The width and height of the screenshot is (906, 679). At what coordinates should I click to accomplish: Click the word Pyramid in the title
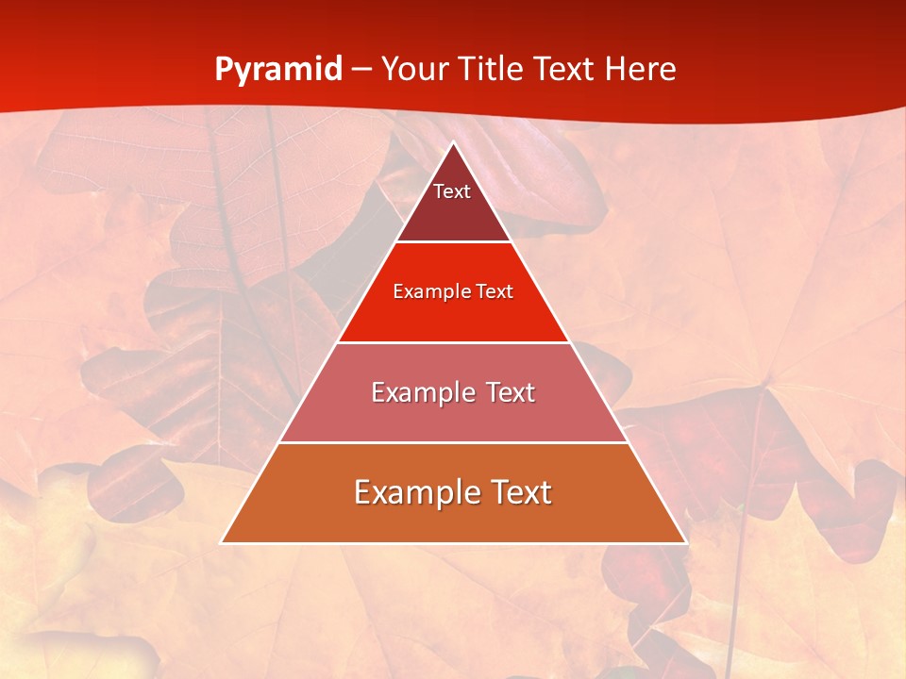click(x=278, y=70)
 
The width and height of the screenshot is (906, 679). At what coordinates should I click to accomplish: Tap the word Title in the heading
click(x=493, y=69)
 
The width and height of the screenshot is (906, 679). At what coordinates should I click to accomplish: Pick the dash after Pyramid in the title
click(x=361, y=71)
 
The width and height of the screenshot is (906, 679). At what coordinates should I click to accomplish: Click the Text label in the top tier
click(x=452, y=191)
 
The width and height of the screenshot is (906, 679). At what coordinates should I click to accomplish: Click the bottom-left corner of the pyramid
click(x=222, y=542)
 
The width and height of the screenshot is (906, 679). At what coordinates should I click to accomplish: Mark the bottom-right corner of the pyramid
click(x=685, y=542)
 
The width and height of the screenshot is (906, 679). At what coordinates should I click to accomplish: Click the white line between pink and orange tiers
click(x=453, y=442)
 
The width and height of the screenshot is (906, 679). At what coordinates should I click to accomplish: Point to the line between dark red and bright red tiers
click(x=453, y=241)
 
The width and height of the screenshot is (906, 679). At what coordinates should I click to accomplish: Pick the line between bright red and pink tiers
click(x=453, y=342)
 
